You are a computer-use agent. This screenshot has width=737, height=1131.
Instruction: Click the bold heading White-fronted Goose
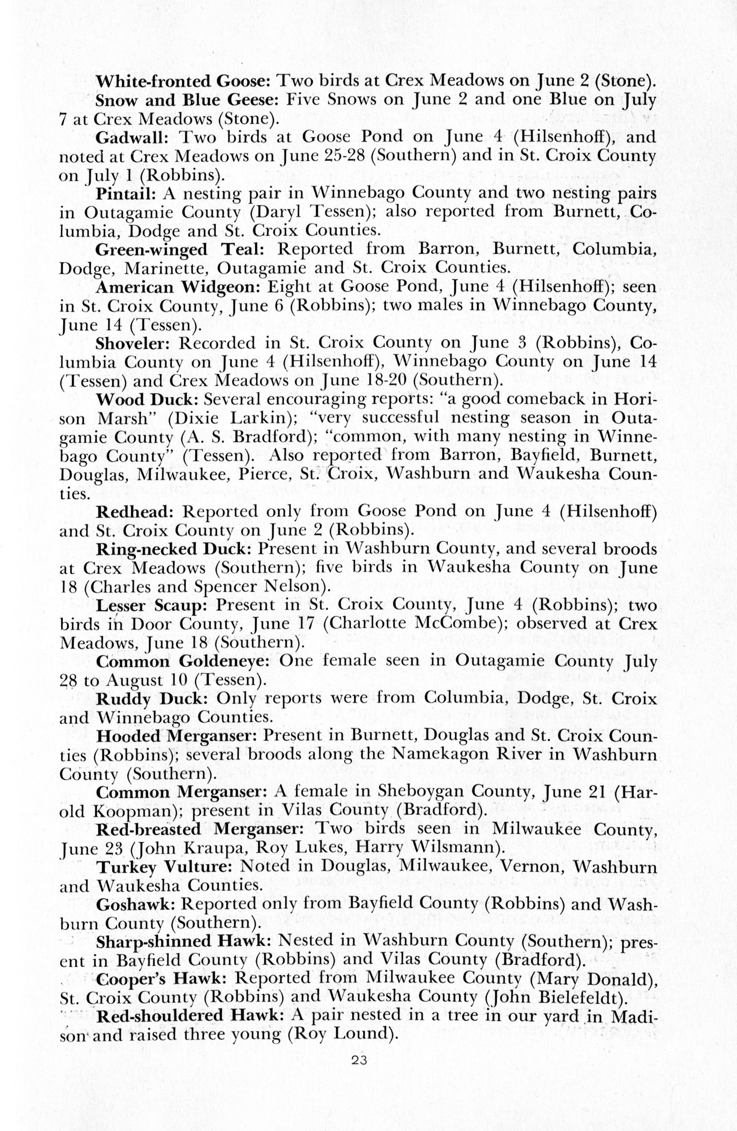click(183, 81)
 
